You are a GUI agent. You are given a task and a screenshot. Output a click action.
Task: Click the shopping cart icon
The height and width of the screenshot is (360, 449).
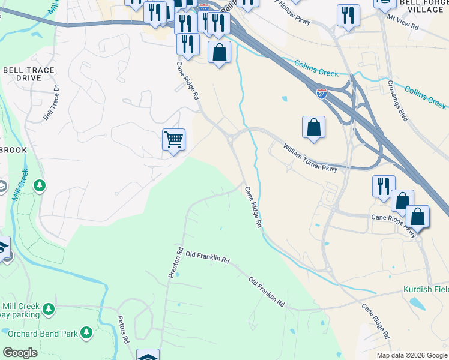coord(173,140)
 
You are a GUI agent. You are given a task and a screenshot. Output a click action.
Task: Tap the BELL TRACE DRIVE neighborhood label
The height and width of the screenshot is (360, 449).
coord(29,74)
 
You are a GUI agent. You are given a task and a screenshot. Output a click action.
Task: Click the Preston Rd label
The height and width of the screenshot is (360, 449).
coord(175,262)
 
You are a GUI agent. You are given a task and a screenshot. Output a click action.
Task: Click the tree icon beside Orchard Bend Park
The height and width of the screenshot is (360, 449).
coord(86,332)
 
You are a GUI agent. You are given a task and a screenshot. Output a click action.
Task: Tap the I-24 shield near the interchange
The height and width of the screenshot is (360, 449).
coord(322,93)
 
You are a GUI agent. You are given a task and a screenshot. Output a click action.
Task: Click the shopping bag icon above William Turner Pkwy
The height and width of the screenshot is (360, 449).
coord(313,127)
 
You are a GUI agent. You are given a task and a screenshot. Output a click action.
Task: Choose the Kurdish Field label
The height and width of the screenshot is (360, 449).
coord(426,289)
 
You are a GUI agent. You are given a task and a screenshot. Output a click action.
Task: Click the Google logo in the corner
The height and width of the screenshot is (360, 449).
coord(20,353)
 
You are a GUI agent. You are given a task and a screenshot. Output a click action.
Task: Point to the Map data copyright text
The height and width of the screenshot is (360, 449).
coord(412,355)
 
